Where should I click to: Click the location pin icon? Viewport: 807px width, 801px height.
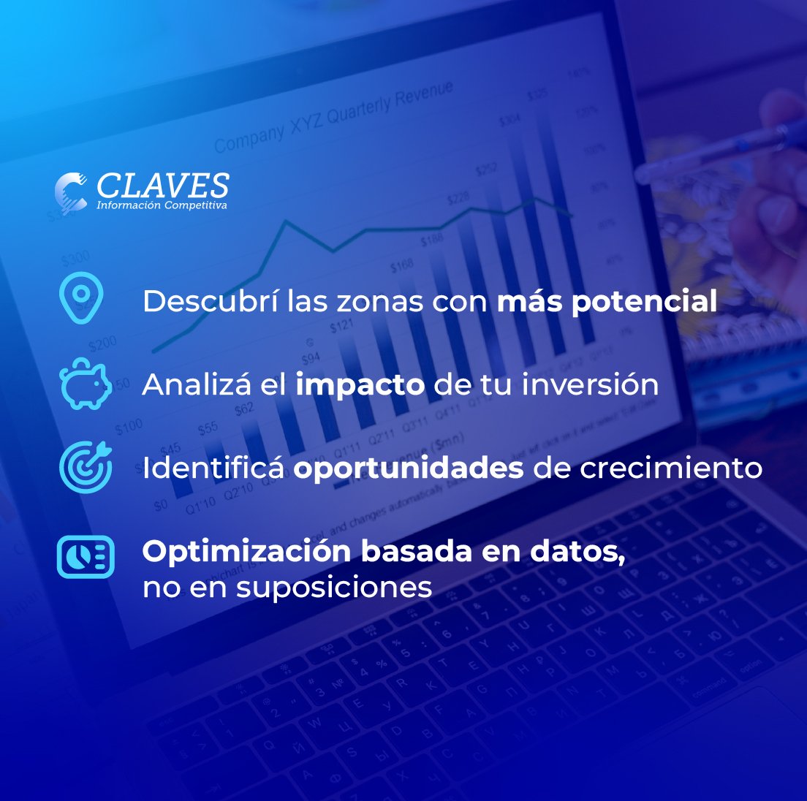(81, 297)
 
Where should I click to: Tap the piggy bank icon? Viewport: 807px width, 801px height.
(85, 384)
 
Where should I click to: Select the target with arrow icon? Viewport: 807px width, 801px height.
(86, 466)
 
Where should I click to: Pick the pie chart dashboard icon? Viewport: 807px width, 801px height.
(86, 557)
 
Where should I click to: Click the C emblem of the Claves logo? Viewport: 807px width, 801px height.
(71, 192)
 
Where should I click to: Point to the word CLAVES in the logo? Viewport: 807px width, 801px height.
(162, 186)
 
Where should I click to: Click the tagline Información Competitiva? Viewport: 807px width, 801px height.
(162, 205)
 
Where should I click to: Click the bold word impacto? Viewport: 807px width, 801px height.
(360, 385)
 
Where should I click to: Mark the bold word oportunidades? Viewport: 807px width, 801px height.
(409, 468)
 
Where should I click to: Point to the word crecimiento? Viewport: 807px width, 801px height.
(670, 468)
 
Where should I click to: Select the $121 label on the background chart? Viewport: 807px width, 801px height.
(341, 325)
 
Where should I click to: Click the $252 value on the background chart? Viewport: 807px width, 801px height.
(486, 170)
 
